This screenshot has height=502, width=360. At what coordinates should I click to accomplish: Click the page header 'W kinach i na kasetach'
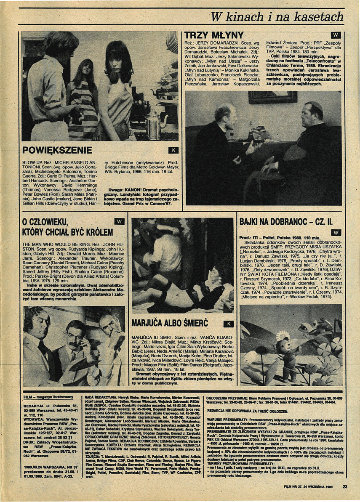click(x=277, y=17)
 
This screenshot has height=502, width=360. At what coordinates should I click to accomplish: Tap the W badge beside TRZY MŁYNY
click(x=336, y=35)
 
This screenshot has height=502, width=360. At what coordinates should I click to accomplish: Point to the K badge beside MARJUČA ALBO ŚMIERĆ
click(x=228, y=324)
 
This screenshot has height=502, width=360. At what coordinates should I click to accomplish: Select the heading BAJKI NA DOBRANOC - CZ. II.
click(x=286, y=221)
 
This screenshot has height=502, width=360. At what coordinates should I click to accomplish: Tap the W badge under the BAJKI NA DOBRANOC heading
click(x=336, y=232)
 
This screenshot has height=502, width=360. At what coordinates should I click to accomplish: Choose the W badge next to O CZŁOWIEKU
click(x=120, y=222)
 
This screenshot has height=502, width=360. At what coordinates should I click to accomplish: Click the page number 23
click(x=344, y=487)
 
